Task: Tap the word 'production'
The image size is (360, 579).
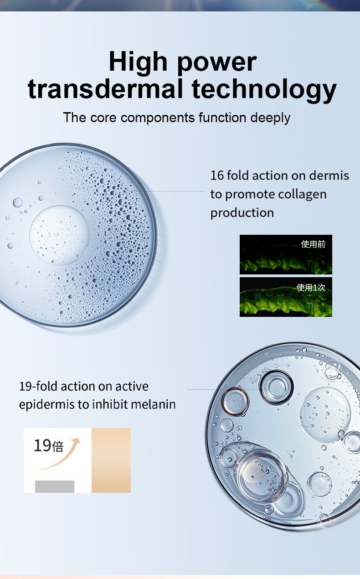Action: (242, 213)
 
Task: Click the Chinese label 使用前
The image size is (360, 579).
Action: (313, 244)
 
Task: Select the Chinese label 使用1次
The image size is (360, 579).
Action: (311, 287)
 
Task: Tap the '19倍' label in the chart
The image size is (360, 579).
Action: (49, 445)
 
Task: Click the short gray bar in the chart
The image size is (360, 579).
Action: (55, 486)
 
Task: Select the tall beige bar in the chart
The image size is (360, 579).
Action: (111, 460)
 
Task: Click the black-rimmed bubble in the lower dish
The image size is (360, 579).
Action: (277, 387)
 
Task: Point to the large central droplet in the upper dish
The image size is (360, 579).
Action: (59, 235)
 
